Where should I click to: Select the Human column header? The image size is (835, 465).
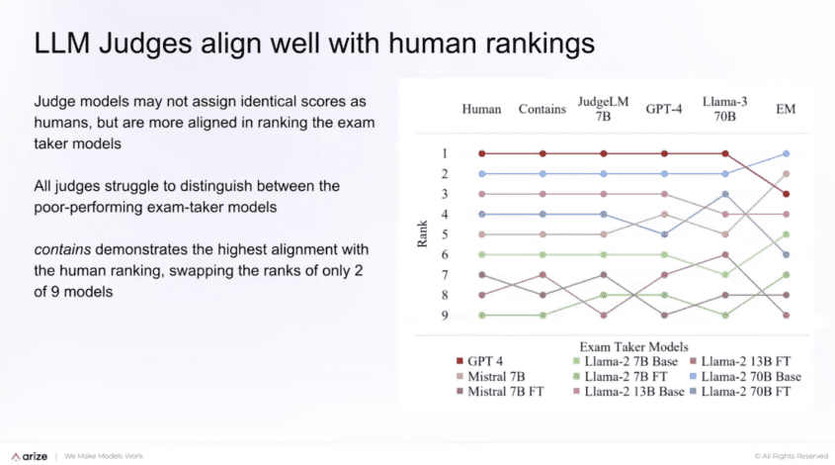[x=481, y=110]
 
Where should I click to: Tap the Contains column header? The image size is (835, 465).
[x=543, y=110]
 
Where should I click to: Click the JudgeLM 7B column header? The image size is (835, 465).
[x=603, y=109]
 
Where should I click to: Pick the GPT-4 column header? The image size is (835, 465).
[x=664, y=110]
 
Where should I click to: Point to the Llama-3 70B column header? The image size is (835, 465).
[x=725, y=109]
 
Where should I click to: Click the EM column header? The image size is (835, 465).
[x=787, y=110]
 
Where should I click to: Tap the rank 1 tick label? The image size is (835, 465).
[x=446, y=153]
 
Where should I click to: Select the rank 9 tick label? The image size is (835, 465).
[x=446, y=316]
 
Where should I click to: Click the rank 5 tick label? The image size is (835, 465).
[x=446, y=234]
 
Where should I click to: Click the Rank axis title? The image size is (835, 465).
[x=422, y=234]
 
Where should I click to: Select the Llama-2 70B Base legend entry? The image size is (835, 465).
[x=745, y=377]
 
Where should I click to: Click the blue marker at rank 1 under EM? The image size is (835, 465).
[x=787, y=153]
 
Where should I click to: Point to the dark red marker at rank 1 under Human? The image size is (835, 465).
[x=481, y=153]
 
